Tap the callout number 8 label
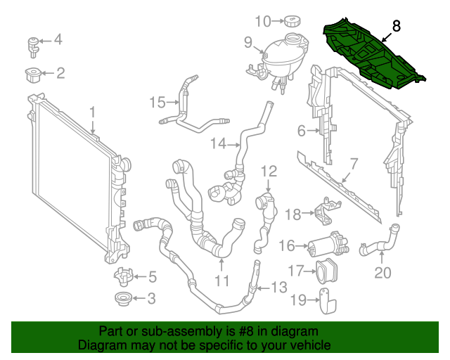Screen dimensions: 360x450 pos(397,27)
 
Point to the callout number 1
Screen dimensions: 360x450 pos(92,112)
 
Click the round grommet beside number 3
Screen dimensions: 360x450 pos(124,299)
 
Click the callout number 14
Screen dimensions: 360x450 pos(219,143)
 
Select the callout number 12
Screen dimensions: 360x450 pos(270,171)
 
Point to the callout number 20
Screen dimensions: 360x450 pos(382,273)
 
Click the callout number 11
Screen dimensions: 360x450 pos(222,281)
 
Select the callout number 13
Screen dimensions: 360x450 pos(278,287)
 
